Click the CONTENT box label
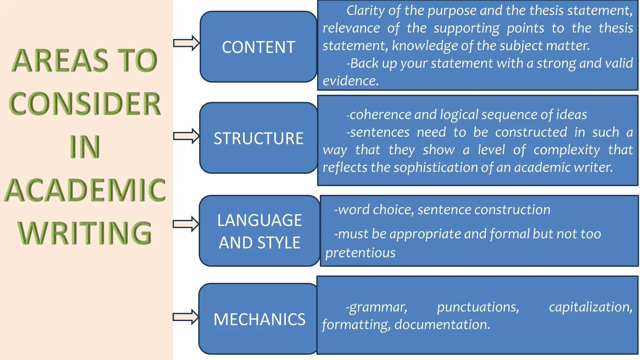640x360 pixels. tap(258, 47)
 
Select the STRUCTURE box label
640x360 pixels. tap(258, 138)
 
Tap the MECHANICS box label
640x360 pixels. tap(259, 319)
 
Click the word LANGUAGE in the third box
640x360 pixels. tap(260, 220)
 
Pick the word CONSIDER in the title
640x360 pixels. tap(85, 104)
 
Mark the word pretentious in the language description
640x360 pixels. tap(360, 253)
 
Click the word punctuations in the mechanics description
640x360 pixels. tap(478, 307)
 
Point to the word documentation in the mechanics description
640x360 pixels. tap(442, 325)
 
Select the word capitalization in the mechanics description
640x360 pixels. tap(590, 307)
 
